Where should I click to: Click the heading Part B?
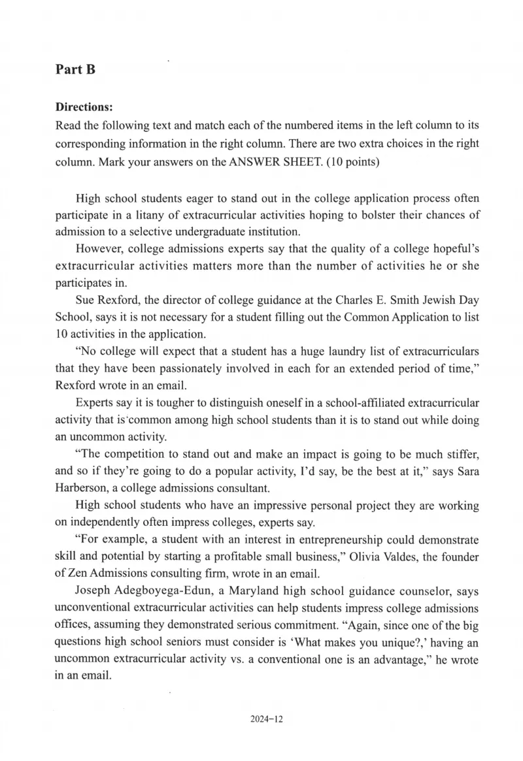(76, 69)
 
